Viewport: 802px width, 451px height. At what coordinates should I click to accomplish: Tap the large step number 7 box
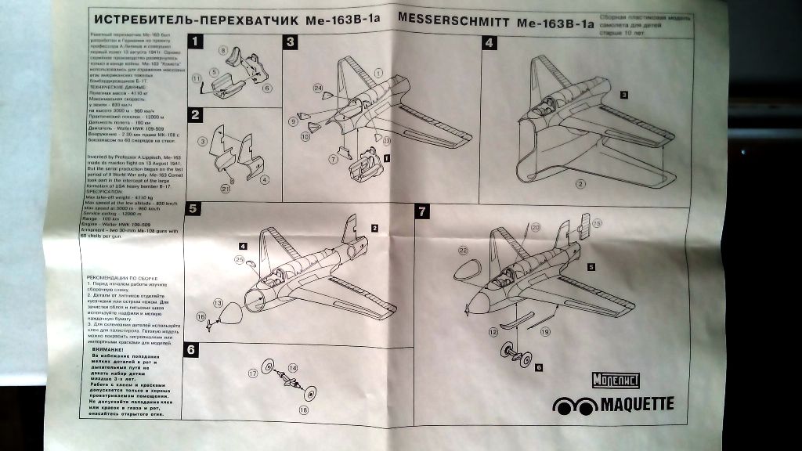point(422,211)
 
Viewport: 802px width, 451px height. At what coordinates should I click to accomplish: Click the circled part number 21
point(225,187)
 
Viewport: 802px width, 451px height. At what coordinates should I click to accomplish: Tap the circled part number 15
point(598,223)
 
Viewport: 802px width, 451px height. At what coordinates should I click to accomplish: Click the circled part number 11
point(197,78)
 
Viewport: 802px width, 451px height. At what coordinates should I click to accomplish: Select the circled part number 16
point(201,317)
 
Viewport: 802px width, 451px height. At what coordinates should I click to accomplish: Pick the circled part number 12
point(494,332)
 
